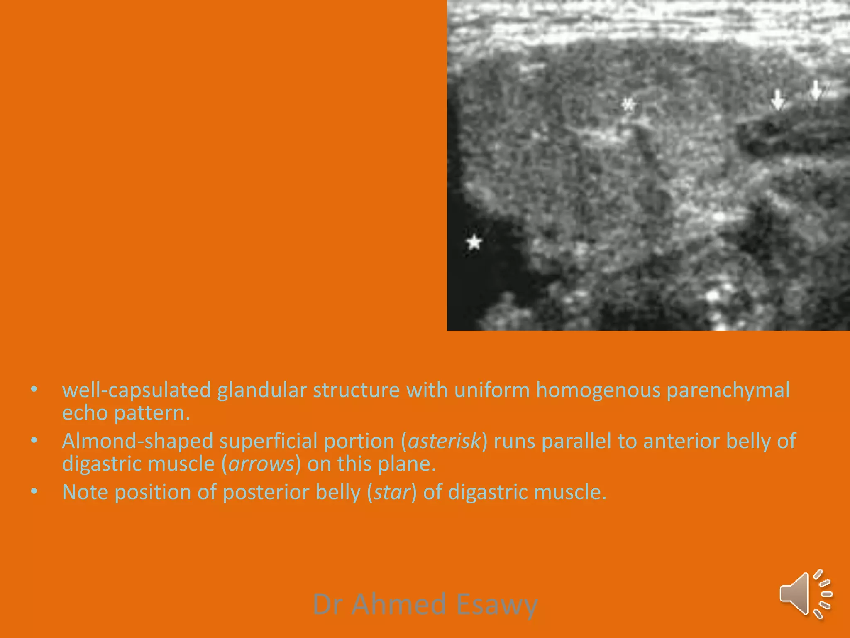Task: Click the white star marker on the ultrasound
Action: (474, 242)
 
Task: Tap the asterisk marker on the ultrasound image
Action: (628, 104)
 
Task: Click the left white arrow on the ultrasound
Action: (777, 100)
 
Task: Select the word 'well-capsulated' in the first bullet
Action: (137, 390)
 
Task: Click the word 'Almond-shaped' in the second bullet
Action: (137, 441)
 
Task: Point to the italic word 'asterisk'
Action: (444, 441)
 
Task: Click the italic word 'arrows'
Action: (261, 464)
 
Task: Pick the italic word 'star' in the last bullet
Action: (391, 492)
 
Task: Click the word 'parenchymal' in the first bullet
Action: (728, 390)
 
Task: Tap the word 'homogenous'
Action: (598, 390)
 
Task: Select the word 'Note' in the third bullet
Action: (85, 492)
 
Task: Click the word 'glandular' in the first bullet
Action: (262, 390)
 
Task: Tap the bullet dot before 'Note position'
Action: (34, 491)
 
